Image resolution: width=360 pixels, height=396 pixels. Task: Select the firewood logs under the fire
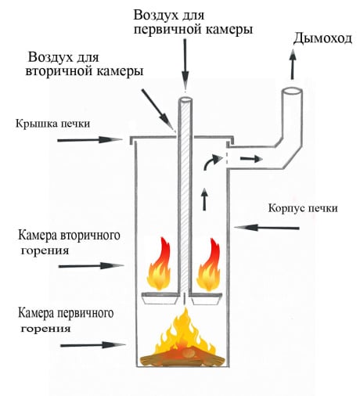[184, 360]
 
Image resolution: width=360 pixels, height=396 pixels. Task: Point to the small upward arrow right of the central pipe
[205, 199]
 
